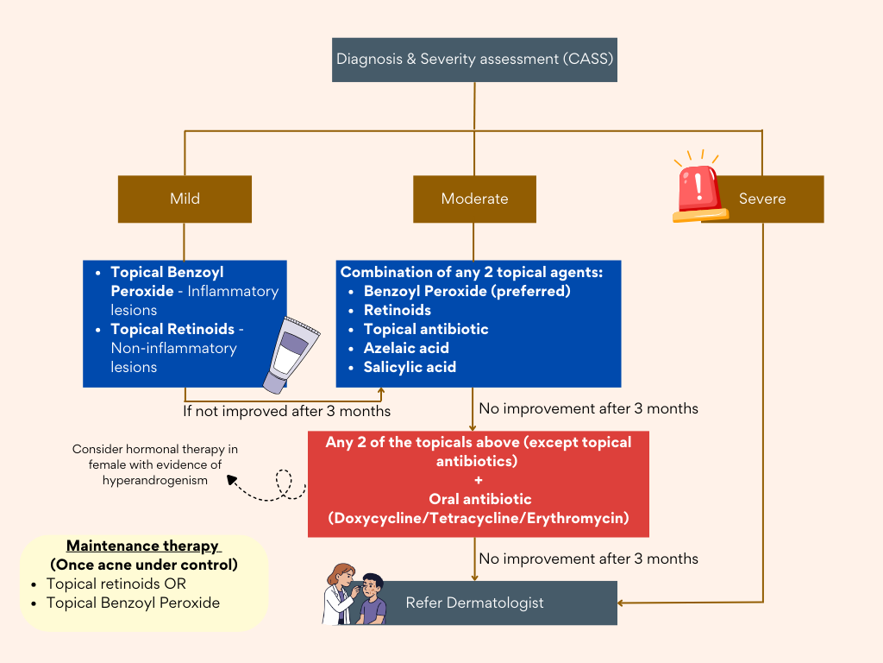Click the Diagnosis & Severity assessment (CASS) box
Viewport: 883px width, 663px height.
[474, 60]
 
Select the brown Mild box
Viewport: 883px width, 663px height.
[185, 199]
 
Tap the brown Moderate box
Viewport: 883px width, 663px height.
[474, 199]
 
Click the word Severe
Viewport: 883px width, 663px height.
[762, 199]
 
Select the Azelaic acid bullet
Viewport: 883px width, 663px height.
[406, 348]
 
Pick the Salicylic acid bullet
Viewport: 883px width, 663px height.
[410, 367]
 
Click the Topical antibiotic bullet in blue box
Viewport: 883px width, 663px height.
[426, 329]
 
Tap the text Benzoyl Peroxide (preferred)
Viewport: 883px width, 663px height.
[467, 291]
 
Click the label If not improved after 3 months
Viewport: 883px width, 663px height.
[286, 411]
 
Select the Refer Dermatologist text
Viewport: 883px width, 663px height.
[474, 603]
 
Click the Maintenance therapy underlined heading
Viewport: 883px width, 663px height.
[143, 546]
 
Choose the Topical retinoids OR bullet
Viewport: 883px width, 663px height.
[116, 584]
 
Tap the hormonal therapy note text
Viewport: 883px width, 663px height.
[155, 464]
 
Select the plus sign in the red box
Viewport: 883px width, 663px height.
[479, 480]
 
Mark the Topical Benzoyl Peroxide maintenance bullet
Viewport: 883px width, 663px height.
[133, 603]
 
